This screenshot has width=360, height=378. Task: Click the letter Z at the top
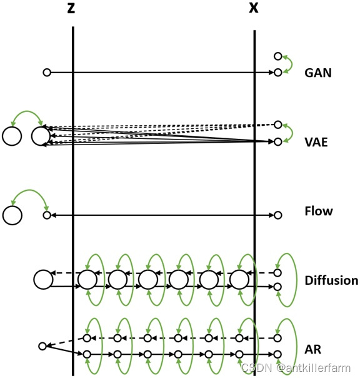coord(73,9)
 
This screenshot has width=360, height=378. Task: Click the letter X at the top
coord(253,9)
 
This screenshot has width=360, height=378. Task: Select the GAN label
coord(318,73)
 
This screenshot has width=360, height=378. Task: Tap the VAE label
coord(316,142)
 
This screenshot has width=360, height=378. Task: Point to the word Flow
coord(319,212)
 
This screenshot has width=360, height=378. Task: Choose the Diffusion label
coord(331,280)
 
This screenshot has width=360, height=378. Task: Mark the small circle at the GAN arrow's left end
coord(46,73)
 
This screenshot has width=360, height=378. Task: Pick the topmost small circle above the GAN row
coord(278,56)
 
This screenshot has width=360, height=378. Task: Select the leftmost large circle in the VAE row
coord(12,136)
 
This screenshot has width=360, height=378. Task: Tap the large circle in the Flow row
coord(12,215)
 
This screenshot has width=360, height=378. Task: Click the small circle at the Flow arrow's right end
coord(278,215)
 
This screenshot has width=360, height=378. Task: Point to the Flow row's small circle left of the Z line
coord(46,215)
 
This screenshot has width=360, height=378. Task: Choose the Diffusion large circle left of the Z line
coord(43,280)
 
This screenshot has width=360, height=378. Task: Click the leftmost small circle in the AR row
coord(42,346)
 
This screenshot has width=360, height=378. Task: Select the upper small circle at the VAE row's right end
coord(278,125)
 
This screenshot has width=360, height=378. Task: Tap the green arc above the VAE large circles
coord(26,114)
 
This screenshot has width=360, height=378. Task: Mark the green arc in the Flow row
coord(29,195)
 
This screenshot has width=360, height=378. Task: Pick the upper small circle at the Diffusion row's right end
coord(278,273)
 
